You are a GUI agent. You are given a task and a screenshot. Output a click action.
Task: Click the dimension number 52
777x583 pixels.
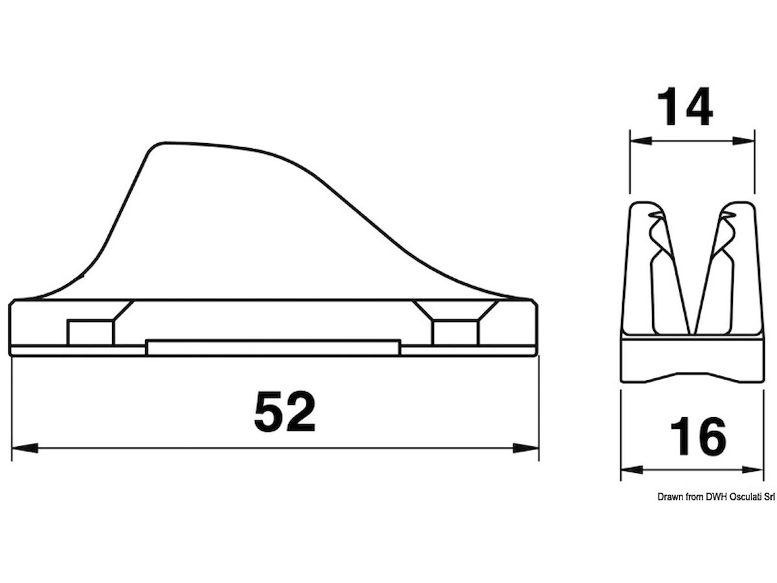[285, 411]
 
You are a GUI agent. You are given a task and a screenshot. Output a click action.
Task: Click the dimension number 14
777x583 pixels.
[685, 106]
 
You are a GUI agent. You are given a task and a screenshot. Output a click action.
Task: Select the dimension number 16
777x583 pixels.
[698, 436]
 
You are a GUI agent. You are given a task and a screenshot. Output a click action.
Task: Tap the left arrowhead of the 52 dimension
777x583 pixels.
[25, 448]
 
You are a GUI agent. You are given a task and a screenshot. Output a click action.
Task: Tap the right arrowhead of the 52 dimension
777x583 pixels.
[526, 448]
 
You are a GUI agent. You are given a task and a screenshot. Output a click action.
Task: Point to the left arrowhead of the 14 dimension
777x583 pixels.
[641, 141]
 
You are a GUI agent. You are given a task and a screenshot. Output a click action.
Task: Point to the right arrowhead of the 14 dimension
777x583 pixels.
[743, 141]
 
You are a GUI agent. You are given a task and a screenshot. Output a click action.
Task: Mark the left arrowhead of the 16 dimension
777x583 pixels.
[632, 470]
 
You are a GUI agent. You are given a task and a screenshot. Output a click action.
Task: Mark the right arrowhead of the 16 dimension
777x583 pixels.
[752, 470]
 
